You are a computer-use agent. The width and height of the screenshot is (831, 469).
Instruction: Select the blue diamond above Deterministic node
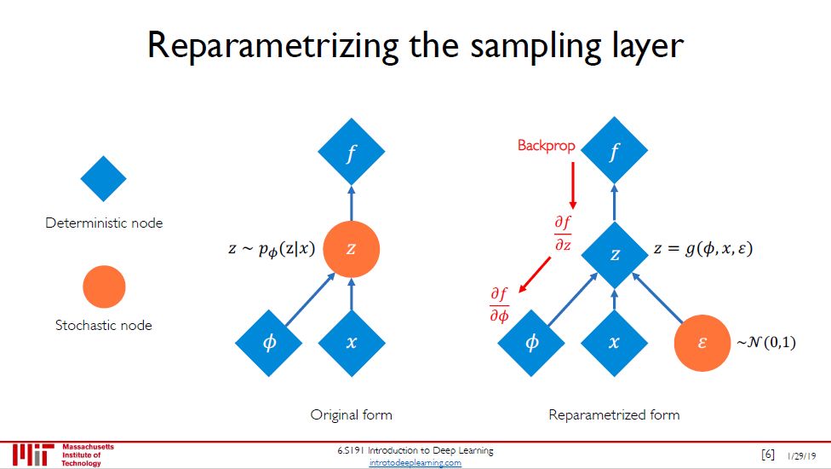[x=103, y=179]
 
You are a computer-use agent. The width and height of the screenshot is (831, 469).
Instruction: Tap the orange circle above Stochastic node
[x=103, y=287]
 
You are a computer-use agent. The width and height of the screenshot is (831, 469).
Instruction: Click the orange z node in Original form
[x=351, y=249]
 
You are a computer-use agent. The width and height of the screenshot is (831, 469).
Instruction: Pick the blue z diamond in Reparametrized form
[x=615, y=253]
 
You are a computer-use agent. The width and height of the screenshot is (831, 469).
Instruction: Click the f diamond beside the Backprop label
[x=615, y=151]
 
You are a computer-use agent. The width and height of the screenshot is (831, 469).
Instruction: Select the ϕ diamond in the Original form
[x=268, y=343]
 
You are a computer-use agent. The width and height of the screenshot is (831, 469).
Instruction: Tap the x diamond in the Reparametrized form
[x=615, y=343]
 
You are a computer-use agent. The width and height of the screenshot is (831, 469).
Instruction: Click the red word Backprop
[x=546, y=146]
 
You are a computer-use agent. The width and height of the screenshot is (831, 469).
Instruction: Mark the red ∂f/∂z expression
[x=563, y=233]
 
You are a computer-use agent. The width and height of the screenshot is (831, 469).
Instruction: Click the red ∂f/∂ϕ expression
[x=499, y=305]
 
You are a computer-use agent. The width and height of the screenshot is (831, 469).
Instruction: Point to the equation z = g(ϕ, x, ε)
[x=704, y=250]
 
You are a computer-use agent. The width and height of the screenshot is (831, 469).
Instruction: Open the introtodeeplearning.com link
[x=415, y=462]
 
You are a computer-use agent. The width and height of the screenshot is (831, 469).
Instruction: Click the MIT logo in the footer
[x=32, y=455]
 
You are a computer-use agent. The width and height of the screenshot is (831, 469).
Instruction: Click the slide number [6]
[x=768, y=454]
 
